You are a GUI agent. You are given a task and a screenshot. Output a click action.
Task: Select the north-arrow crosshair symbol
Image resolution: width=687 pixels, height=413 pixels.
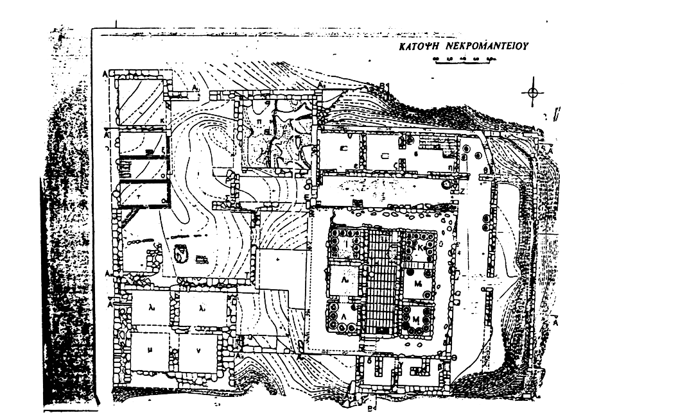(x=533, y=93)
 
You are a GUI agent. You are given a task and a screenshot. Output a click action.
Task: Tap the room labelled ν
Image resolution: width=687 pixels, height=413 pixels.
(x=197, y=351)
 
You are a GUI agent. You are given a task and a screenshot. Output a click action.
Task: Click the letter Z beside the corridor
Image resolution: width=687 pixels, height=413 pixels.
(x=462, y=190)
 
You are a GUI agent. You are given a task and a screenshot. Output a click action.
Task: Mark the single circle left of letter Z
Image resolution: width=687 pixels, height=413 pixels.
(x=446, y=184)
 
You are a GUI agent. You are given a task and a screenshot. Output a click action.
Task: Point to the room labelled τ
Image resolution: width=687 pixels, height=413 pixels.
(x=139, y=192)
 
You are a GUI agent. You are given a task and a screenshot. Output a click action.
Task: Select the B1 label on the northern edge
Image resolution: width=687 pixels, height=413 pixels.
(x=385, y=85)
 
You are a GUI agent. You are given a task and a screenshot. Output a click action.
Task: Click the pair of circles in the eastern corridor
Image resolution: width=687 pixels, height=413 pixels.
(x=483, y=222)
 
